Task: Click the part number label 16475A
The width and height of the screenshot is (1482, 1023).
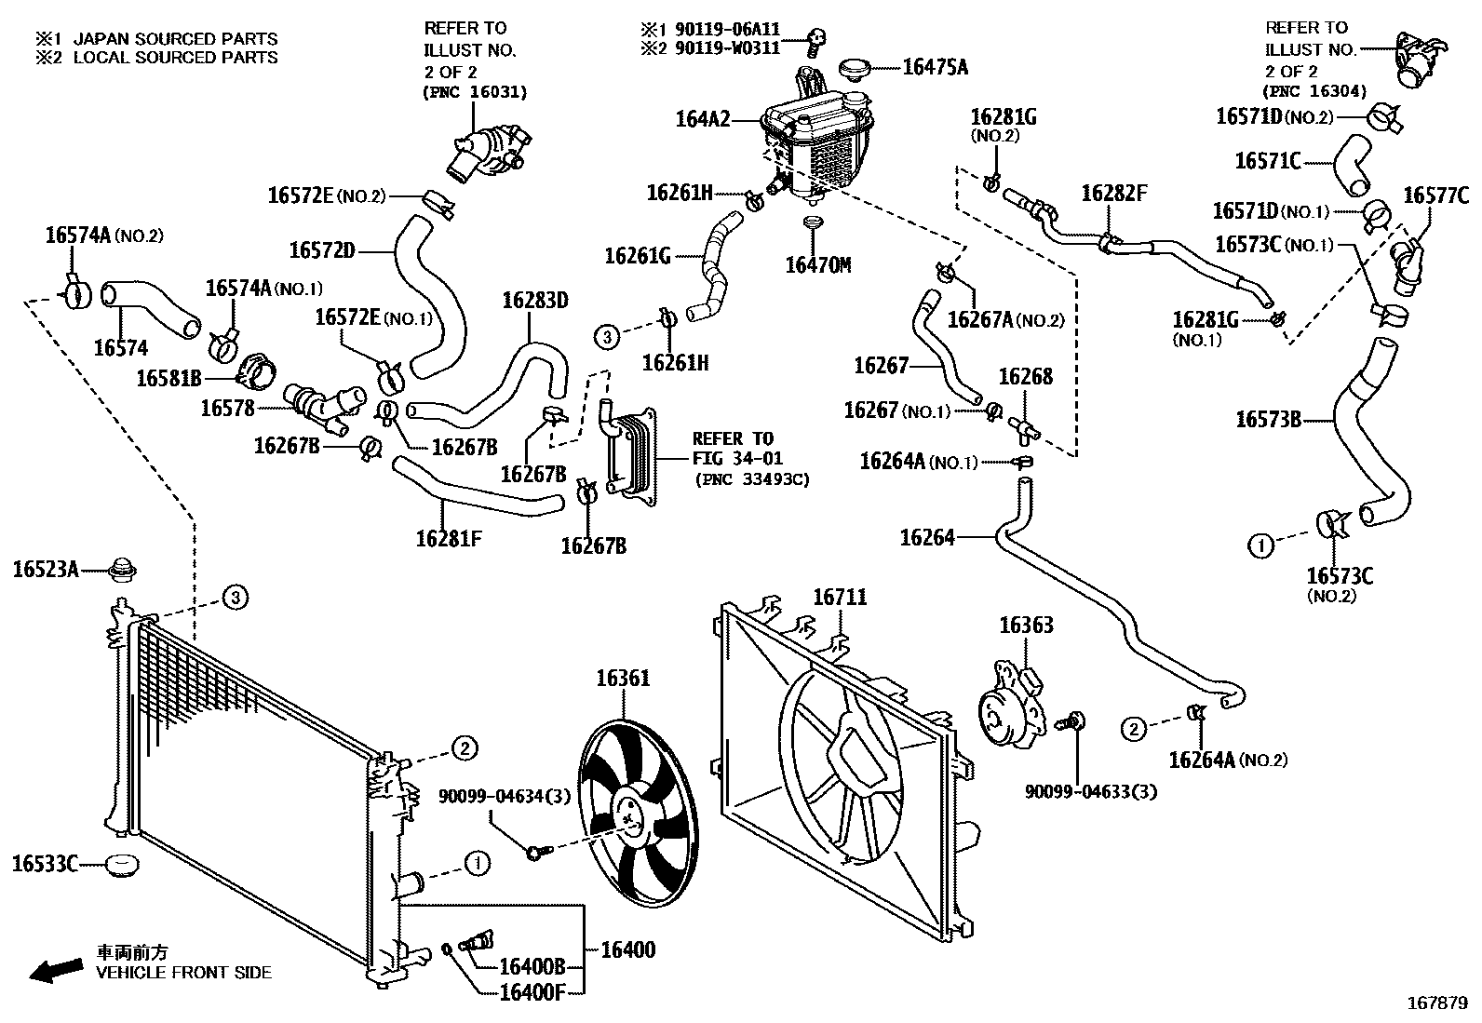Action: pyautogui.click(x=935, y=67)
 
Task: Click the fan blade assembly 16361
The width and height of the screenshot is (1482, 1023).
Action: pyautogui.click(x=630, y=810)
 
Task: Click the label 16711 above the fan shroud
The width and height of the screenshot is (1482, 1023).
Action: pyautogui.click(x=840, y=597)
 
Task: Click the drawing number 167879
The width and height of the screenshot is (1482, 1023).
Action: pyautogui.click(x=1435, y=1003)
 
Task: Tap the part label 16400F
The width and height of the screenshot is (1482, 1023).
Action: pyautogui.click(x=532, y=991)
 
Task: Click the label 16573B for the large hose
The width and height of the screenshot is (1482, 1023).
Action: pyautogui.click(x=1268, y=420)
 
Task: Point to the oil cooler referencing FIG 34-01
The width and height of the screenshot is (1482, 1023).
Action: pyautogui.click(x=631, y=453)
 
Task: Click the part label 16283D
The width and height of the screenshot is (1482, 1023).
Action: pyautogui.click(x=534, y=301)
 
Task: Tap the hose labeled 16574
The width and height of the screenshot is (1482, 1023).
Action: pyautogui.click(x=149, y=310)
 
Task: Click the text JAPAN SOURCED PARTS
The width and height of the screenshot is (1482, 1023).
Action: pyautogui.click(x=175, y=39)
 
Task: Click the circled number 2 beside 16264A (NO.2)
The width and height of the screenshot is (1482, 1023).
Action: pyautogui.click(x=1133, y=729)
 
